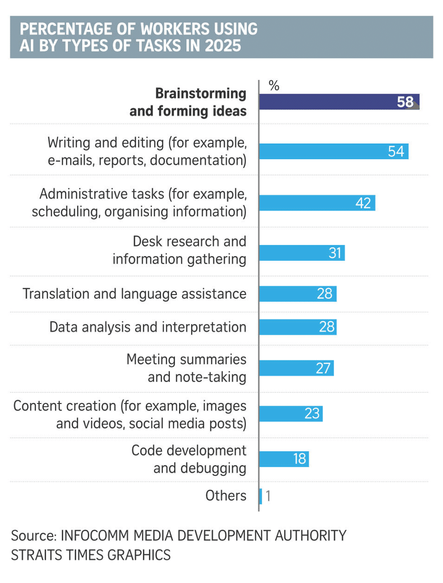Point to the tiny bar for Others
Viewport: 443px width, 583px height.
[x=261, y=496]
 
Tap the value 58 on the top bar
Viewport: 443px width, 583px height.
[x=405, y=102]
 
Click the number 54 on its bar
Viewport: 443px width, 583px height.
[x=396, y=151]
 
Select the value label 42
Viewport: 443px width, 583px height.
[x=363, y=203]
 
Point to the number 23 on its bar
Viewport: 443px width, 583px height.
[x=312, y=413]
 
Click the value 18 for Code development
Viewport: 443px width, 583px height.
[x=299, y=459]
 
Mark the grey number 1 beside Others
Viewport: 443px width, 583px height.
[x=268, y=496]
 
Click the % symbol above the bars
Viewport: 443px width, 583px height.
[x=274, y=86]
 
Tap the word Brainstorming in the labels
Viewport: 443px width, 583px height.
[x=201, y=93]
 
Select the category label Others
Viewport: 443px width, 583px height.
[x=226, y=496]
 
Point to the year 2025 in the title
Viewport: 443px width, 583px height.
[x=223, y=46]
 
